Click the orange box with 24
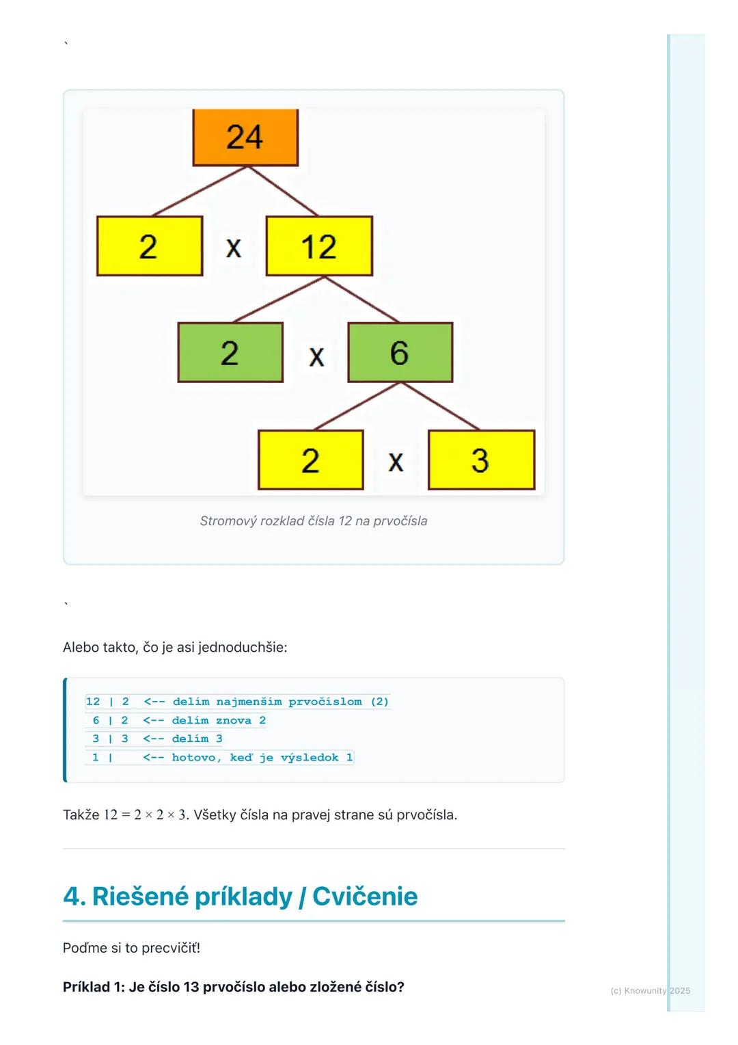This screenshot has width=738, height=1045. point(245,137)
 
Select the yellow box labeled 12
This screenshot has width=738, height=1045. point(319,246)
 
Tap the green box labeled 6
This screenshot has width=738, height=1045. point(400,353)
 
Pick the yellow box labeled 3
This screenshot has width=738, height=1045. point(481,460)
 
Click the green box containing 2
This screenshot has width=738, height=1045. point(230,353)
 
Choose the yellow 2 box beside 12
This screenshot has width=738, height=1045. point(150,246)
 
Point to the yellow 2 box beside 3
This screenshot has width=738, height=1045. point(310,460)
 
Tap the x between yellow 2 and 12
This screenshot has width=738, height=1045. point(234,248)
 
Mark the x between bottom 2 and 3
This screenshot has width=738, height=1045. point(396,462)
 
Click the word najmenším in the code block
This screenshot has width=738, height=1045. point(249,702)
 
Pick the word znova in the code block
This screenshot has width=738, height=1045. point(233,721)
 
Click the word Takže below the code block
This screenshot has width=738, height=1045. point(81,815)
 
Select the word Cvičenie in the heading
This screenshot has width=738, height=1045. point(365,897)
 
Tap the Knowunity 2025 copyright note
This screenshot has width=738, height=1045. point(650,991)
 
